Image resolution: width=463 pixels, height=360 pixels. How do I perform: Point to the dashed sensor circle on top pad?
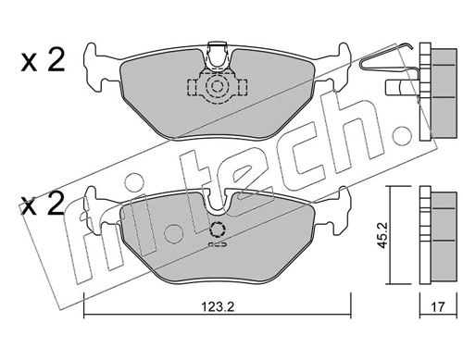coord(217,87)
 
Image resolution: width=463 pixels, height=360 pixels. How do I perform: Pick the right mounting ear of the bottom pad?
coord(339,208)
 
